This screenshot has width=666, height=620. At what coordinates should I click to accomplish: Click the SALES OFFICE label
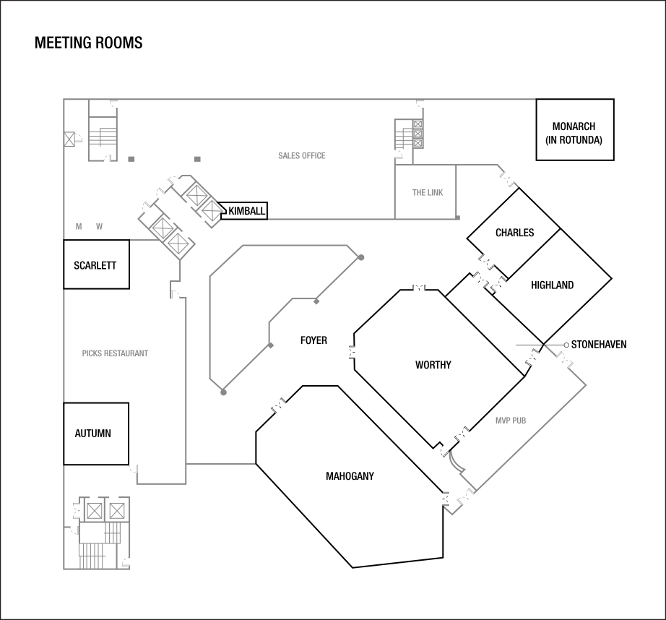302,156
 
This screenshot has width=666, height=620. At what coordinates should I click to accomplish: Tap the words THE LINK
428,193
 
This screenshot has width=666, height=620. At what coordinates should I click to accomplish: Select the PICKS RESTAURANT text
116,354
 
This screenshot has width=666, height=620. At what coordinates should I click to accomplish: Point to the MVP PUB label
510,421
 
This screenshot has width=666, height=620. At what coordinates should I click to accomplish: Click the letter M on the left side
79,227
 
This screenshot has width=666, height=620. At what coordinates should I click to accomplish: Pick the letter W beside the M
100,227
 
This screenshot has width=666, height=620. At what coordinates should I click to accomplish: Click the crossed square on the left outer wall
69,139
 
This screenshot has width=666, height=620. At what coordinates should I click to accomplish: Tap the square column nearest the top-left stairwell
131,159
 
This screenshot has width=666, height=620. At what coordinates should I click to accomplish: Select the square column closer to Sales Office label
197,159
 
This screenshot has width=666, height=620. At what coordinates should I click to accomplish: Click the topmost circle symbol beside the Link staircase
418,125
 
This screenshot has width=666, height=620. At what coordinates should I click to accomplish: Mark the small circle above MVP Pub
566,345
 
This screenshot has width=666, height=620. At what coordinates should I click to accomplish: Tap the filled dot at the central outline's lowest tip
223,392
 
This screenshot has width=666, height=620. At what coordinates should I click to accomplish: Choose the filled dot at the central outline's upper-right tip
361,257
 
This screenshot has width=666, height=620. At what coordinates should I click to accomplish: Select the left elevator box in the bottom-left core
94,511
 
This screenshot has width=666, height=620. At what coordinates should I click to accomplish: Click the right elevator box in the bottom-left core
116,511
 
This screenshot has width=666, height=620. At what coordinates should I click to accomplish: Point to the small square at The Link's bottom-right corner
458,218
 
